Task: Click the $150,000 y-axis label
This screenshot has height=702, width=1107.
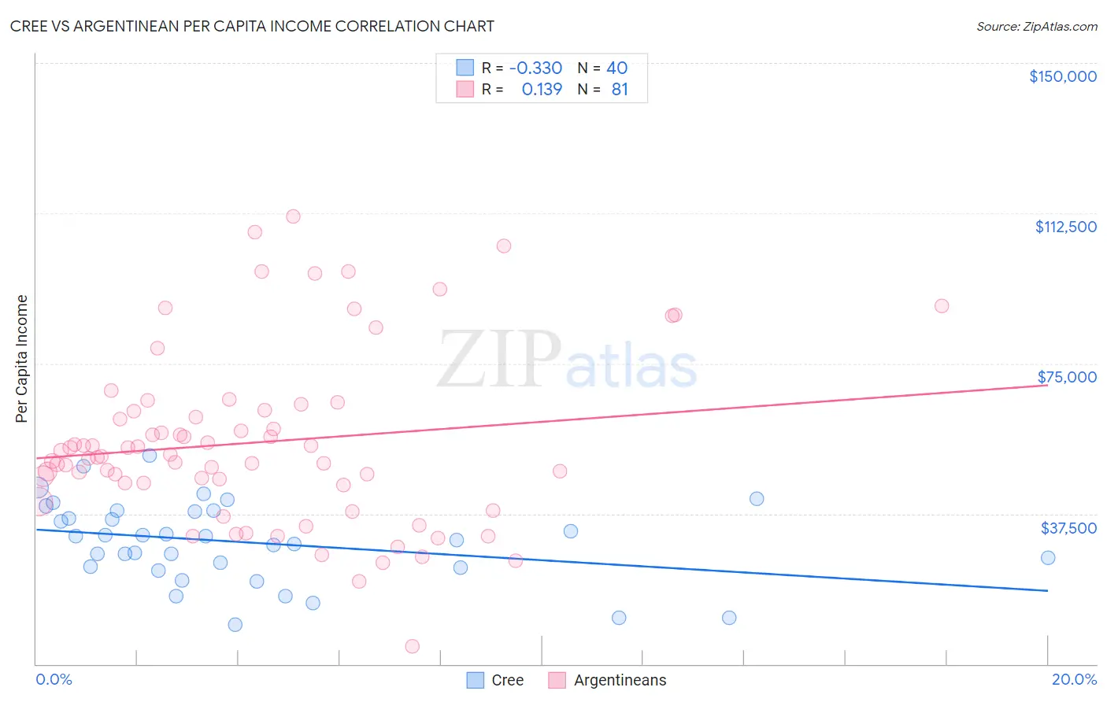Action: point(1062,76)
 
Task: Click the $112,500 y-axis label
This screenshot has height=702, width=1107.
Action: point(1065,227)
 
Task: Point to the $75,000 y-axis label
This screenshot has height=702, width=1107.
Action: point(1067,377)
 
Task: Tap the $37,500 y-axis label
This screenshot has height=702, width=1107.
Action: point(1068,528)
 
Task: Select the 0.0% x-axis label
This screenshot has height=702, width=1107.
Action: point(54,679)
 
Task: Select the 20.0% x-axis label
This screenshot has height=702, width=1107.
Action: point(1074,679)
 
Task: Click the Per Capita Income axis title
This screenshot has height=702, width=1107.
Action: point(21,358)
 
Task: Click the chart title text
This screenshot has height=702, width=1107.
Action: point(252,26)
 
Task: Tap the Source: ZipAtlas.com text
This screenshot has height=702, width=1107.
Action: point(1036,27)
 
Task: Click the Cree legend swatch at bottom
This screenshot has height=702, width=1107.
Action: point(475,680)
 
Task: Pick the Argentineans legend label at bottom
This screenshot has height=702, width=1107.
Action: point(620,680)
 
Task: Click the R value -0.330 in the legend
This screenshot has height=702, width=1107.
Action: point(535,68)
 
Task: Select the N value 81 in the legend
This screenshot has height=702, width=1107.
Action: point(620,90)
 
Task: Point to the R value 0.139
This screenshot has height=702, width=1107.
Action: point(542,90)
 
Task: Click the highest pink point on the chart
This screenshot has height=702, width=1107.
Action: point(293,216)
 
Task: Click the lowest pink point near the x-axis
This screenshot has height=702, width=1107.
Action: point(412,646)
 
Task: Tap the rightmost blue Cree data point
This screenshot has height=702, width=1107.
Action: point(1048,558)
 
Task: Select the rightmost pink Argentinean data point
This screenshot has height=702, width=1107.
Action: point(942,306)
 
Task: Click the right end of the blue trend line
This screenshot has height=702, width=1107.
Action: point(1047,590)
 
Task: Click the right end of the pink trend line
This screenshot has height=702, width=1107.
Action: point(1047,385)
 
